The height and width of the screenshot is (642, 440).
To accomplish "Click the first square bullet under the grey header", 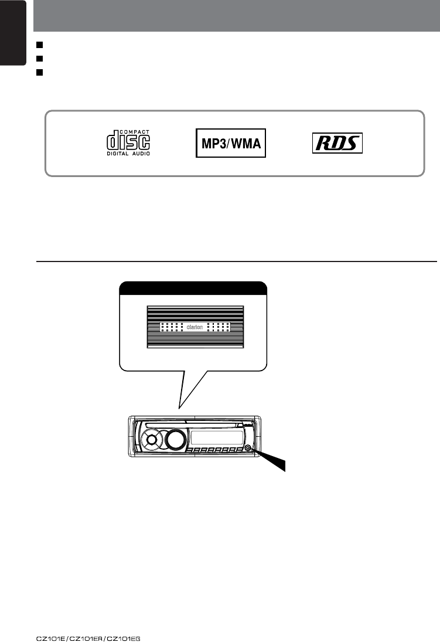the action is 39,44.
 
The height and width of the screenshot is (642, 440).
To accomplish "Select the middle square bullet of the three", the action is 39,57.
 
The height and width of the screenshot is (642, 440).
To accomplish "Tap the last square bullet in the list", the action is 39,72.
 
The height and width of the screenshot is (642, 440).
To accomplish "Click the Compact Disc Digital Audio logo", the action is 128,142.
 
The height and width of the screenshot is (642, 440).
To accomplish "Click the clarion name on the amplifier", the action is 195,327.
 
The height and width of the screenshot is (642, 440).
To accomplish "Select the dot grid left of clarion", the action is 173,327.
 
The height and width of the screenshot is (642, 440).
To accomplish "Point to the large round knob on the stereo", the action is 174,439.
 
